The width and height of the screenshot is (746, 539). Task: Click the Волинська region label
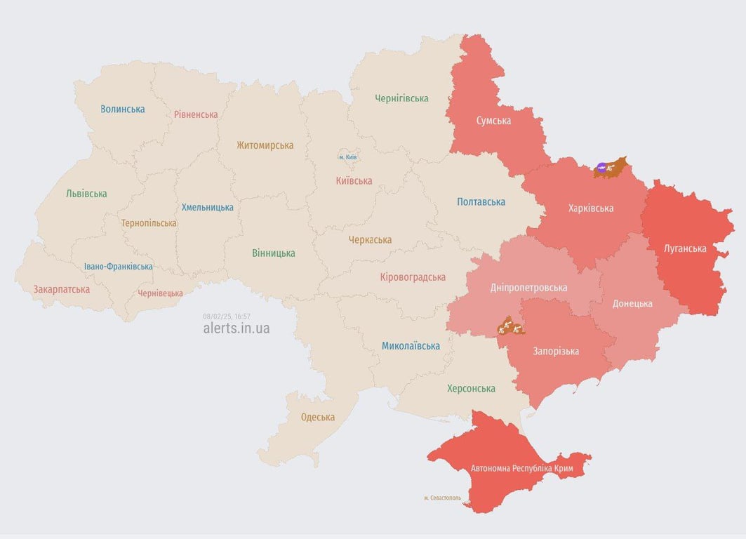point(123,109)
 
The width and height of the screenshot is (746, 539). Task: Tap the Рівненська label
point(196,114)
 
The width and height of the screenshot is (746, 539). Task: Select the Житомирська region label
point(265,145)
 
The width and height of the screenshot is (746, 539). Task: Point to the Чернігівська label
point(401,98)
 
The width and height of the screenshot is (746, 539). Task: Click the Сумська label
point(493,121)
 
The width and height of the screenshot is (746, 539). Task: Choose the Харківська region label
point(590,208)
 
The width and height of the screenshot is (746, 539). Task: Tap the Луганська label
point(685,248)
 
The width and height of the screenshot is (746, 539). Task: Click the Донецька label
point(632,304)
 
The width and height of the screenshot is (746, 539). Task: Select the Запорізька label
point(556,351)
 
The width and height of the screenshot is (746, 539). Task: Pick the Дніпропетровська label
point(528,288)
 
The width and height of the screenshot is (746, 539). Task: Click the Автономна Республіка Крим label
point(522,468)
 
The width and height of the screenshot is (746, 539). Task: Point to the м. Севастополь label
point(442,498)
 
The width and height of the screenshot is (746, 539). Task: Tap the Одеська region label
point(317,417)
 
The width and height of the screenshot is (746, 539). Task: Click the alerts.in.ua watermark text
point(236,328)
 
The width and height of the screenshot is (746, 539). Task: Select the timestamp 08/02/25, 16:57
point(227,317)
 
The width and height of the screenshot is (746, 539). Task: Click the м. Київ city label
point(348,157)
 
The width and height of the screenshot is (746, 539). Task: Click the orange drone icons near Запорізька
point(507,326)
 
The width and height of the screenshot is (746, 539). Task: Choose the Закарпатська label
point(62,289)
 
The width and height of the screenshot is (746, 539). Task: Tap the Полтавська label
point(481,202)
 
